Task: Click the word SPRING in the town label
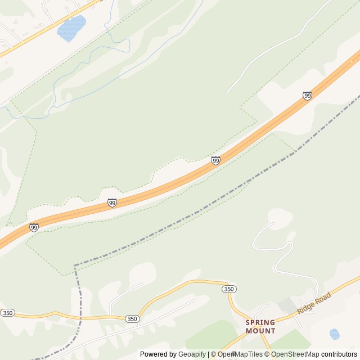coord(260,323)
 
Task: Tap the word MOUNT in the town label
coord(260,331)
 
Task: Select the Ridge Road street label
coord(314,302)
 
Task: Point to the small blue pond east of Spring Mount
coord(335,334)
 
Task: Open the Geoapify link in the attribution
coord(192,354)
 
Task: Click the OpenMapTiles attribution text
coord(240,354)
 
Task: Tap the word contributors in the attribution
coord(339,354)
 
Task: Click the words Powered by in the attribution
coord(158,354)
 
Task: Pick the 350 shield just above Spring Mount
coord(228,289)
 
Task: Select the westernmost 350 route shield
coord(7,313)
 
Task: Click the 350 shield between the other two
coord(132,318)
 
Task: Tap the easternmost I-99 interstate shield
coord(307,96)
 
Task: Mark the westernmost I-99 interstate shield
coord(34,227)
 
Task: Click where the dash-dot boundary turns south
coord(75,266)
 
